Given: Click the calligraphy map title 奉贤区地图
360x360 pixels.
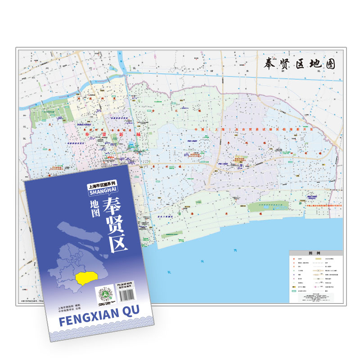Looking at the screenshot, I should click(299, 64).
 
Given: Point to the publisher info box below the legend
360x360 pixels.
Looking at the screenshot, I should click(315, 297).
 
